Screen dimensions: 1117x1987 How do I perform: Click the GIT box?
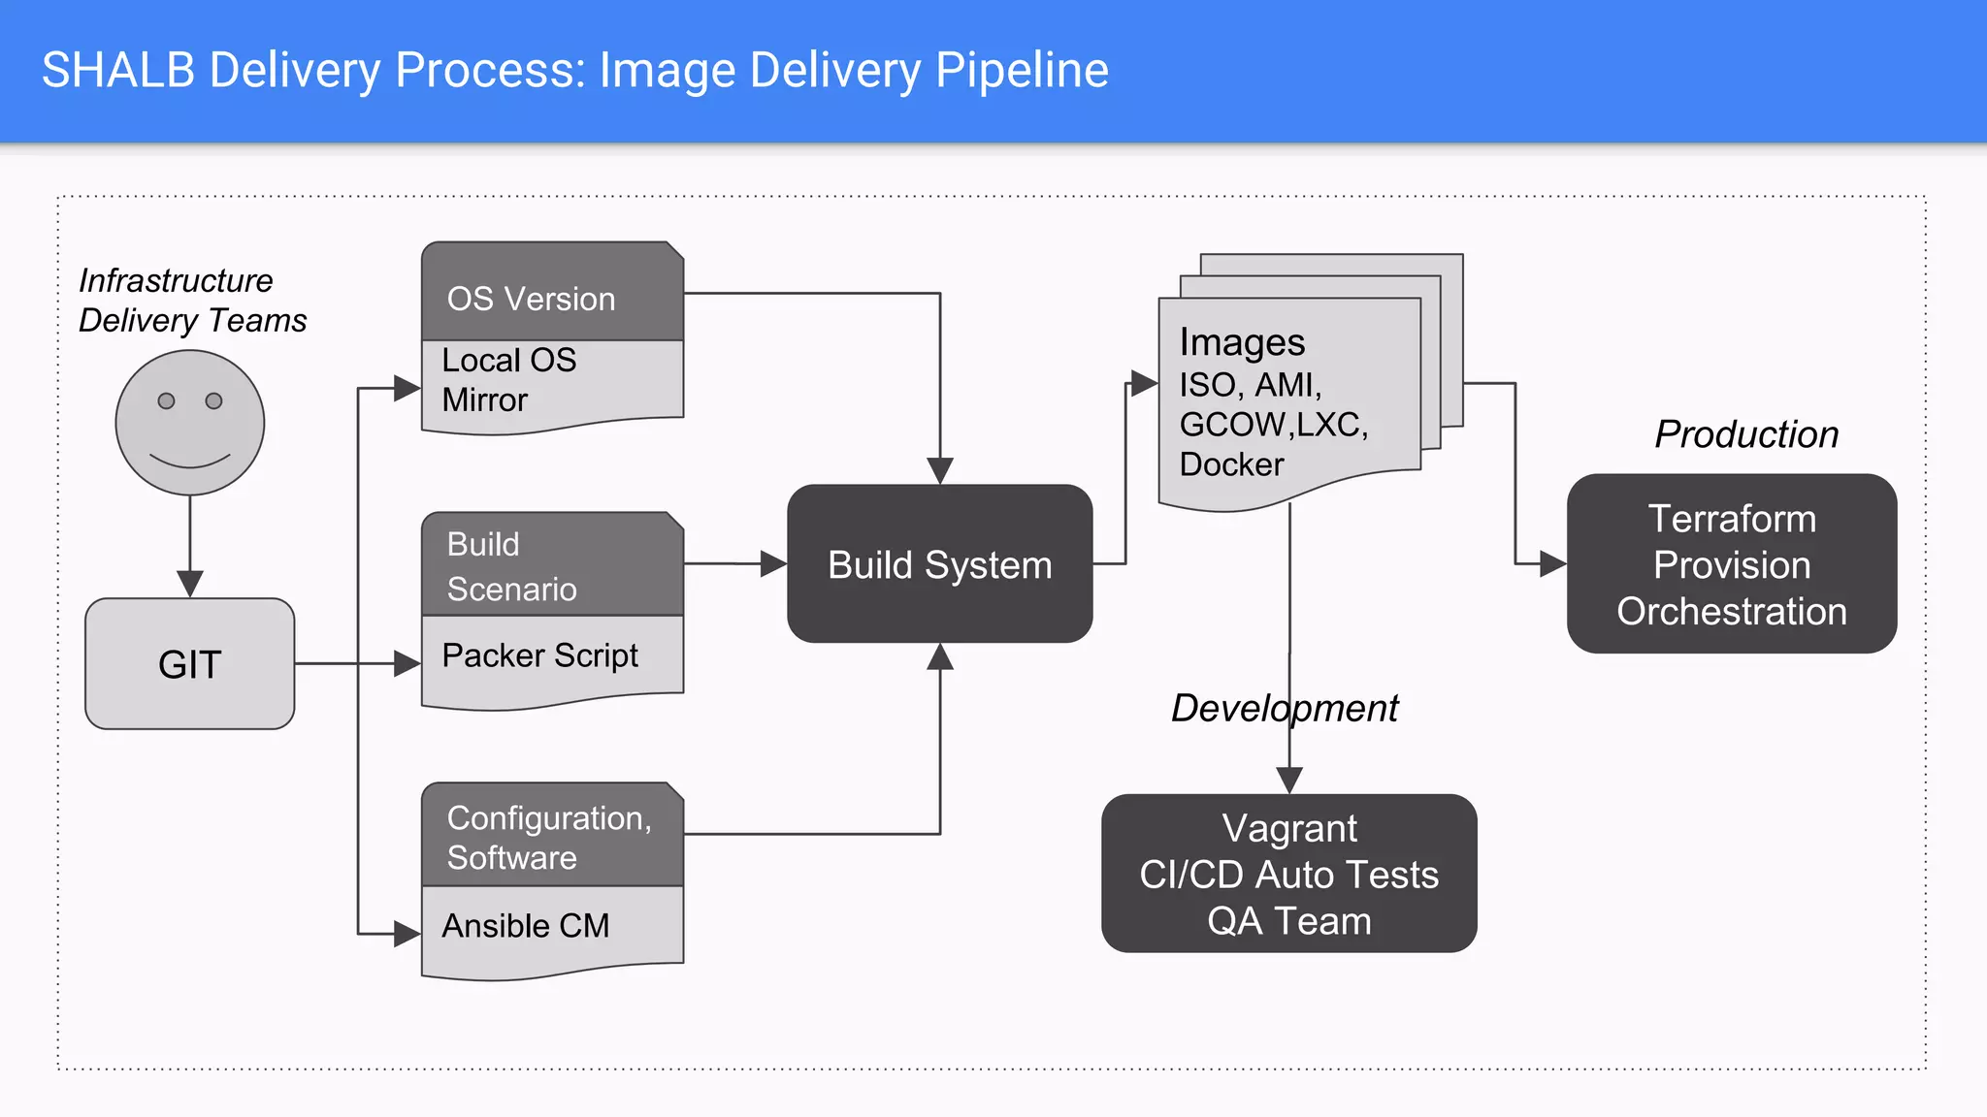[x=189, y=664]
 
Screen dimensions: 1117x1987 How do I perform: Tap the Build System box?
[x=939, y=564]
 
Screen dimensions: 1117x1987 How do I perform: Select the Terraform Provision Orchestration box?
[x=1731, y=564]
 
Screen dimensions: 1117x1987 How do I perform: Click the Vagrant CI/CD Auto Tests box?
[x=1288, y=874]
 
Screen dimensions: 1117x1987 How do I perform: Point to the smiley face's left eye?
[x=166, y=400]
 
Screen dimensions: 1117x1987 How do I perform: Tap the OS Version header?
[x=531, y=299]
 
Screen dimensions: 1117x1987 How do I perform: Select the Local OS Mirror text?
[x=508, y=379]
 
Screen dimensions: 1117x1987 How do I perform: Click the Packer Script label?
[x=539, y=655]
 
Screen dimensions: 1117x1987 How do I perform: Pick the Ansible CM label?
[x=525, y=926]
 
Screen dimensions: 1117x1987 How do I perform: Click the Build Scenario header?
[x=511, y=566]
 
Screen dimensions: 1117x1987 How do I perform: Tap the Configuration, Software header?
[x=548, y=837]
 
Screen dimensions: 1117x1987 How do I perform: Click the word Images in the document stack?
[x=1242, y=342]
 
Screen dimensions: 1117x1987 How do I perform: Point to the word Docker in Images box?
[x=1231, y=464]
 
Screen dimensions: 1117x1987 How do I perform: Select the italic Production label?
[x=1746, y=434]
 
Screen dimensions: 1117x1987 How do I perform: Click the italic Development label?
[x=1284, y=708]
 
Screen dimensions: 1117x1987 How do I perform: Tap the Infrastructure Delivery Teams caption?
[x=192, y=301]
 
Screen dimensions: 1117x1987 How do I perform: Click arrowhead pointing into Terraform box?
[x=1552, y=563]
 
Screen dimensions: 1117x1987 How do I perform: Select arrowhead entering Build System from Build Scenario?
[x=773, y=563]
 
